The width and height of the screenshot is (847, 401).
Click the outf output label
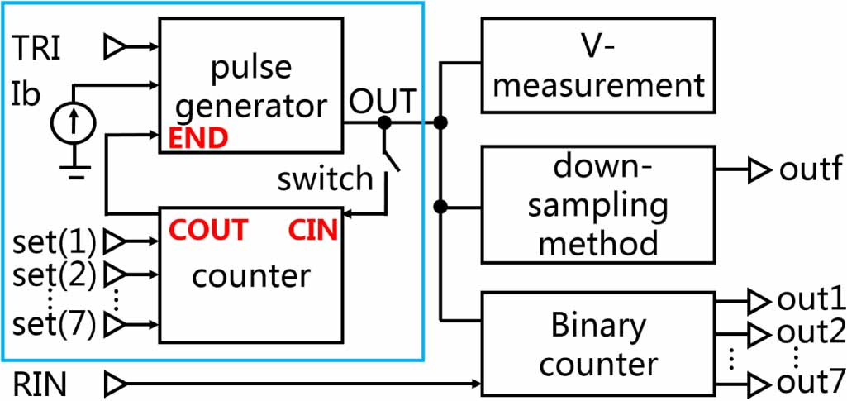[x=810, y=170]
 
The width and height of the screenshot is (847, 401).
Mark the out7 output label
[x=811, y=384]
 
